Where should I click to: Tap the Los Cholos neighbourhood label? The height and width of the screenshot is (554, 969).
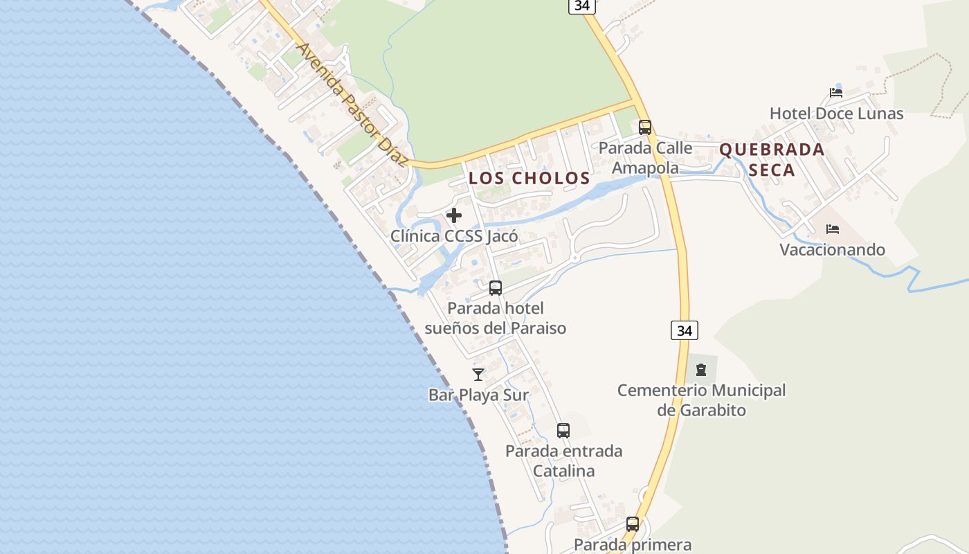tap(529, 178)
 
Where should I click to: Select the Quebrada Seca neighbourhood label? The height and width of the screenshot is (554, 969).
tap(772, 159)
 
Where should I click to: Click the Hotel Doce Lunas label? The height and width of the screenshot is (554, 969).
tap(836, 114)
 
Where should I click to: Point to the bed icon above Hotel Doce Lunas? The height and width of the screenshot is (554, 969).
tap(836, 92)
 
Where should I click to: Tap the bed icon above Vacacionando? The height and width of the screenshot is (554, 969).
tap(833, 229)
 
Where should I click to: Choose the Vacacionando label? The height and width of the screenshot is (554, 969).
tap(833, 249)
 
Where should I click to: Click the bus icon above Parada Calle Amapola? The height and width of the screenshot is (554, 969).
tap(645, 127)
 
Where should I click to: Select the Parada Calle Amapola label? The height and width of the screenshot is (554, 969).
tap(645, 158)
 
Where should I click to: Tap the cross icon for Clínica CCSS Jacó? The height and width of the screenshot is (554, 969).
tap(454, 215)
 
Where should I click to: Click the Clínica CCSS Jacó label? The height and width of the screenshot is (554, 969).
tap(454, 236)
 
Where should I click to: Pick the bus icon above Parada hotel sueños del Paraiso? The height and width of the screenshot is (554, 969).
tap(496, 288)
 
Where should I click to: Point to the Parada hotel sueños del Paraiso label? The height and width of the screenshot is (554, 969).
tap(496, 318)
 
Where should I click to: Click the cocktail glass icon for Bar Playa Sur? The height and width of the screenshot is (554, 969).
tap(478, 375)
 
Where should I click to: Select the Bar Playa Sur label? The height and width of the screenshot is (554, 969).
tap(478, 395)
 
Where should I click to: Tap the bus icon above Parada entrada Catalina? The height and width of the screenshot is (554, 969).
tap(563, 431)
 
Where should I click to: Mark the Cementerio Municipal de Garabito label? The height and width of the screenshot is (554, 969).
tap(701, 400)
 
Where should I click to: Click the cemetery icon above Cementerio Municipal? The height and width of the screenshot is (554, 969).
tap(701, 370)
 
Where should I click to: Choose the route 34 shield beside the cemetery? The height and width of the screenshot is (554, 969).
tap(685, 330)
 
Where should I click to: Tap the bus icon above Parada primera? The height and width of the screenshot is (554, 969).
tap(633, 524)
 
